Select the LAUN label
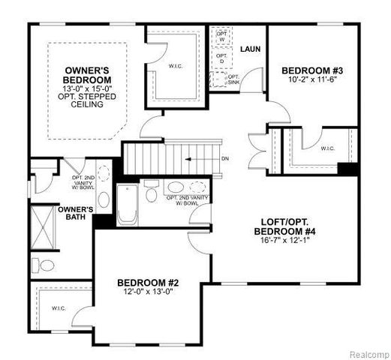click(249, 49)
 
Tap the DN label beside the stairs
click(226, 158)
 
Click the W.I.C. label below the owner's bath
click(59, 308)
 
